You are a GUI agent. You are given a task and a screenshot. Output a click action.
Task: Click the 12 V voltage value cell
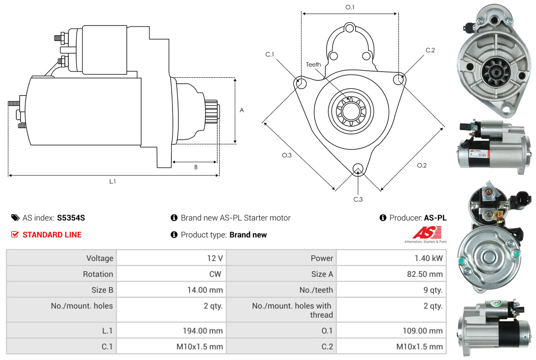pyautogui.click(x=171, y=258)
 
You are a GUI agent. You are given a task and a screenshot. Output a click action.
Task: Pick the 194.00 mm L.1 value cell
pyautogui.click(x=171, y=330)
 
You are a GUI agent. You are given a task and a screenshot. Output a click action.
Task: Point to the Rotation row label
pyautogui.click(x=98, y=274)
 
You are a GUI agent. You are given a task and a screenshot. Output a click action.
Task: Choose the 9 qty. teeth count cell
pyautogui.click(x=391, y=290)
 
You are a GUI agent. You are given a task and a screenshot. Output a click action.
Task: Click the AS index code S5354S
pyautogui.click(x=71, y=218)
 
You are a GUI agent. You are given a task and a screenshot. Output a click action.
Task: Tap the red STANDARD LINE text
pyautogui.click(x=52, y=235)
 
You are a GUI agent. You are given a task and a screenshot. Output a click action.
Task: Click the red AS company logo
pyautogui.click(x=427, y=232)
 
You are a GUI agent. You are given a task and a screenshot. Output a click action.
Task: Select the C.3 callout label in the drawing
pyautogui.click(x=358, y=199)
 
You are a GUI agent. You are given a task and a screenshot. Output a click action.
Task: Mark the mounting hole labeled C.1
pyautogui.click(x=301, y=83)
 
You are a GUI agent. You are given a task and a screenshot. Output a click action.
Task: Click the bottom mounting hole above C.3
pyautogui.click(x=358, y=168)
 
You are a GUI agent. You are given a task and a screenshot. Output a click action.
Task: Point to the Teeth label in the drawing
pyautogui.click(x=313, y=64)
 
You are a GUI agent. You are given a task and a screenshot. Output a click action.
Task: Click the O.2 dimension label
pyautogui.click(x=422, y=165)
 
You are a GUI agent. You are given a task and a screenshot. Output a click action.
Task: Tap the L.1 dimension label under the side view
pyautogui.click(x=113, y=182)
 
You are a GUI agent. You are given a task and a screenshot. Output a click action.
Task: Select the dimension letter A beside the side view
pyautogui.click(x=242, y=110)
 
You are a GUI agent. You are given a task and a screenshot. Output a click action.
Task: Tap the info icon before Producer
pyautogui.click(x=383, y=218)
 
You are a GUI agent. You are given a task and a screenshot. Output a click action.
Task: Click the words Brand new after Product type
pyautogui.click(x=248, y=235)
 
